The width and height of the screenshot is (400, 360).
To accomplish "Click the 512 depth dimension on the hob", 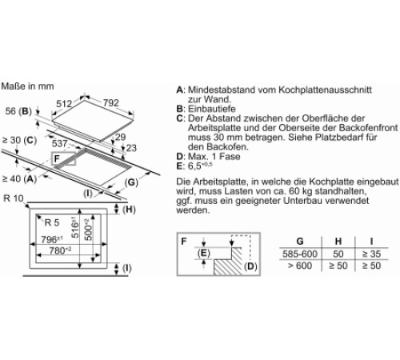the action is (64, 104).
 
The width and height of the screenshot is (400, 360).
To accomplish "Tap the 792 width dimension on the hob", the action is (111, 102).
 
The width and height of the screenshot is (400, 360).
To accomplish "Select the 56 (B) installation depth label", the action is (18, 111).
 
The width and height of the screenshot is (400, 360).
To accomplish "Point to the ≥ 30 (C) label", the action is (19, 140).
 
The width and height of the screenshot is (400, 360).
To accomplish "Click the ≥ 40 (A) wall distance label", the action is (19, 178).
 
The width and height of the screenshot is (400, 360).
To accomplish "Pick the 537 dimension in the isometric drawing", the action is (59, 143).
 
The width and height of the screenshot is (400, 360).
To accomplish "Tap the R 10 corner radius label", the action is (14, 198).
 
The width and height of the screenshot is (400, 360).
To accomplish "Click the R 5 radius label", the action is (52, 222).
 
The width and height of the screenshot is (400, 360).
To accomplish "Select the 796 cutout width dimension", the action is (52, 239).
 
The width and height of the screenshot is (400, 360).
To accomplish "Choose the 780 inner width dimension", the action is (60, 250).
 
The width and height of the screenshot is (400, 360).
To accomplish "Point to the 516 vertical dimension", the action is (75, 227).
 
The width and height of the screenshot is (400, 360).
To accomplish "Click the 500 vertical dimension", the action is (88, 230).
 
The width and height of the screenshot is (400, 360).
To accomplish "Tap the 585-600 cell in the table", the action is (300, 254).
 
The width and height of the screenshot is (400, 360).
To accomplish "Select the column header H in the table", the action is (338, 241).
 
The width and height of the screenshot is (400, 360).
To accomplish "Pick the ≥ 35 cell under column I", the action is (371, 254).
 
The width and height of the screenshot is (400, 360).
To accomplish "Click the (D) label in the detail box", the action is (250, 266).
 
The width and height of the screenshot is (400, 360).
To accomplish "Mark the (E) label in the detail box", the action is (204, 253).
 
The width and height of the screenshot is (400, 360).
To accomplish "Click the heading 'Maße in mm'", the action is (27, 86).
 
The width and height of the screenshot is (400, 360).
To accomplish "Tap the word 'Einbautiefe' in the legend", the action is (212, 109).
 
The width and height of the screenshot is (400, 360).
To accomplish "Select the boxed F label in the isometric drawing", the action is (57, 158).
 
